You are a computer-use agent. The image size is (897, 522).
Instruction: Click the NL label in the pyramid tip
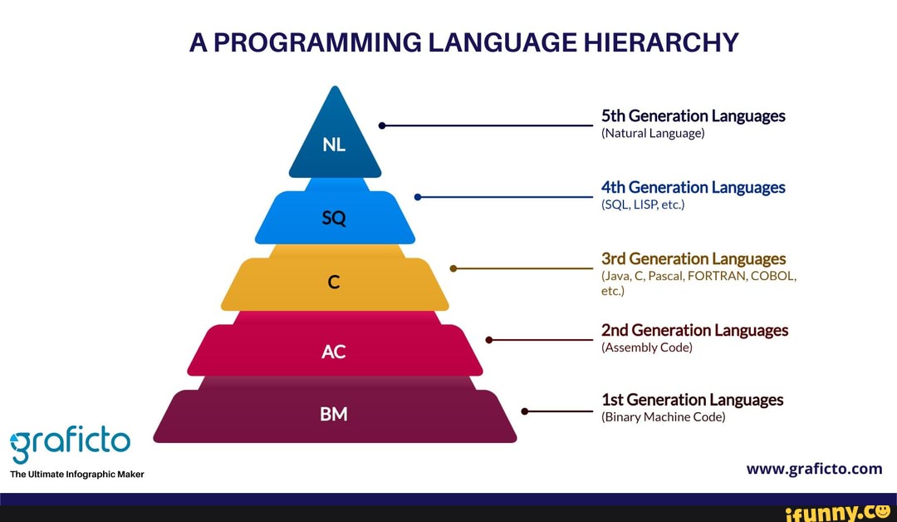(335, 145)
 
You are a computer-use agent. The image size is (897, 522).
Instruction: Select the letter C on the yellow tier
(334, 283)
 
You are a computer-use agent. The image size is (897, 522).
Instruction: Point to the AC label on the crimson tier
(333, 352)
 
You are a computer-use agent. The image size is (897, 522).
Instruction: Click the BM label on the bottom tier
(333, 413)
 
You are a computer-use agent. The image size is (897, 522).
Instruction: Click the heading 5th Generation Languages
(693, 116)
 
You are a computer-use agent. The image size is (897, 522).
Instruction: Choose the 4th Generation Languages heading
(693, 187)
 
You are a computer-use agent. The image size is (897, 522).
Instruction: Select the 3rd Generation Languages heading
(693, 259)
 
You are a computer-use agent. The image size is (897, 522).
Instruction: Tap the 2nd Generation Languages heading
(694, 330)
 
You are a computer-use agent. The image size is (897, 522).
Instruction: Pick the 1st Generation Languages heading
(692, 400)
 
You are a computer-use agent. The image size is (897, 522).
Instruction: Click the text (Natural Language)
(652, 133)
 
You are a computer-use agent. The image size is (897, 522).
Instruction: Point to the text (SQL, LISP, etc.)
(642, 204)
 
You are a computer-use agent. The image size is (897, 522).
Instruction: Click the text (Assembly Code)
(646, 347)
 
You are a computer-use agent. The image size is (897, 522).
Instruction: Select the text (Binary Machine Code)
(663, 417)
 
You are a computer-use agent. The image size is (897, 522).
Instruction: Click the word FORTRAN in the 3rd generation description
(717, 276)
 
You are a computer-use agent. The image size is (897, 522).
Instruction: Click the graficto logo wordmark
(71, 441)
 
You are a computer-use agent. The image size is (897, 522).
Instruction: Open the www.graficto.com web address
(814, 468)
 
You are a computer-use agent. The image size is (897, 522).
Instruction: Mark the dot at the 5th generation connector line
(381, 126)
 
